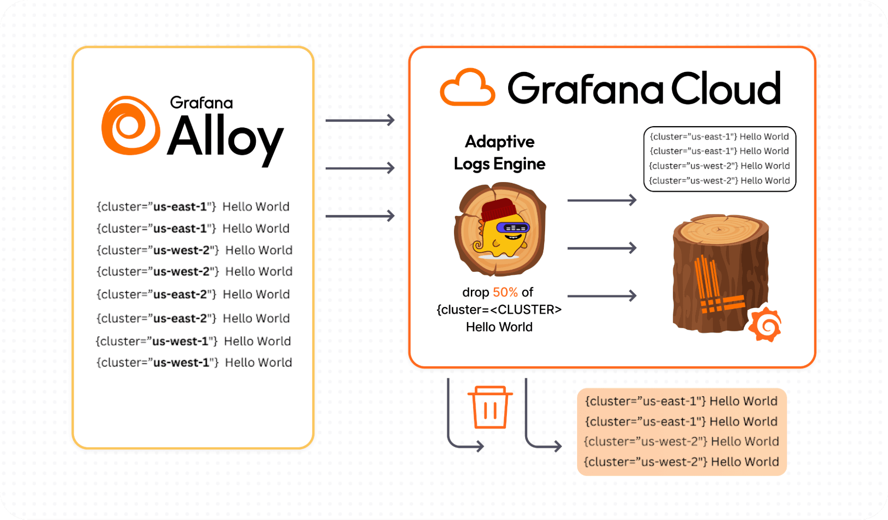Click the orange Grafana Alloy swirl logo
click(x=131, y=126)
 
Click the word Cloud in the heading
click(x=725, y=89)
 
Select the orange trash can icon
click(x=490, y=407)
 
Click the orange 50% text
click(x=505, y=292)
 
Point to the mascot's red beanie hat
click(x=499, y=210)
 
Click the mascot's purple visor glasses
click(x=513, y=228)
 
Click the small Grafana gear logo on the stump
click(x=765, y=324)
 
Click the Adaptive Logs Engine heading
click(x=499, y=153)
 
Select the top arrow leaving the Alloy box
click(x=360, y=120)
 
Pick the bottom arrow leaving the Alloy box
click(x=360, y=216)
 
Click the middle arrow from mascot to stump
click(x=602, y=248)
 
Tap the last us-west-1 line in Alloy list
click(x=194, y=363)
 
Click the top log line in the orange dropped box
click(x=681, y=401)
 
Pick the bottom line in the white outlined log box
click(x=719, y=181)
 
